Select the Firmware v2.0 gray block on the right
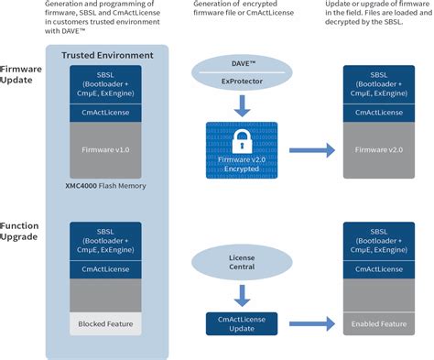[x=382, y=150]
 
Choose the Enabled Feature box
[x=382, y=322]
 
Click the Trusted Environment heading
[x=106, y=56]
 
